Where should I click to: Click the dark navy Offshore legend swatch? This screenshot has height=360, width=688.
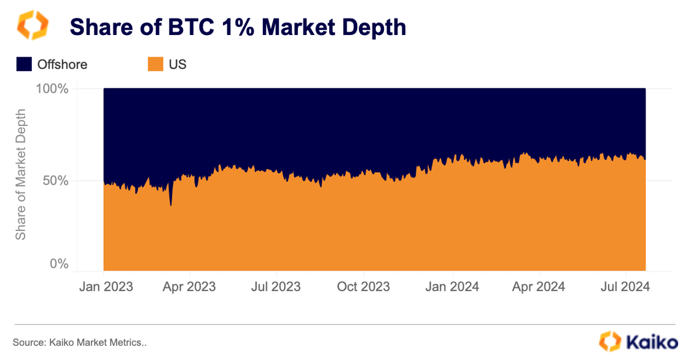(24, 64)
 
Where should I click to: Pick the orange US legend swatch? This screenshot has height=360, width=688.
(155, 64)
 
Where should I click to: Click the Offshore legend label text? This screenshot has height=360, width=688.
(62, 64)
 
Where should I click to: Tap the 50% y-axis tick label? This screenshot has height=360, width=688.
(55, 181)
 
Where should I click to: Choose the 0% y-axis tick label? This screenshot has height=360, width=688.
(59, 264)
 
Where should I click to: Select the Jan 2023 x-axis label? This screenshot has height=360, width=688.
(106, 286)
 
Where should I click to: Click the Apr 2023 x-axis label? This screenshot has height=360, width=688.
(190, 286)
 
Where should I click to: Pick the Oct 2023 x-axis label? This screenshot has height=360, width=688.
(364, 286)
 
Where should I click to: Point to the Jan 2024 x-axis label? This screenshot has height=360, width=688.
(453, 286)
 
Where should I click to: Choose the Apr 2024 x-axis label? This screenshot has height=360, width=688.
(539, 286)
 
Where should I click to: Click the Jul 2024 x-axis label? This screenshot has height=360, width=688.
(623, 286)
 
